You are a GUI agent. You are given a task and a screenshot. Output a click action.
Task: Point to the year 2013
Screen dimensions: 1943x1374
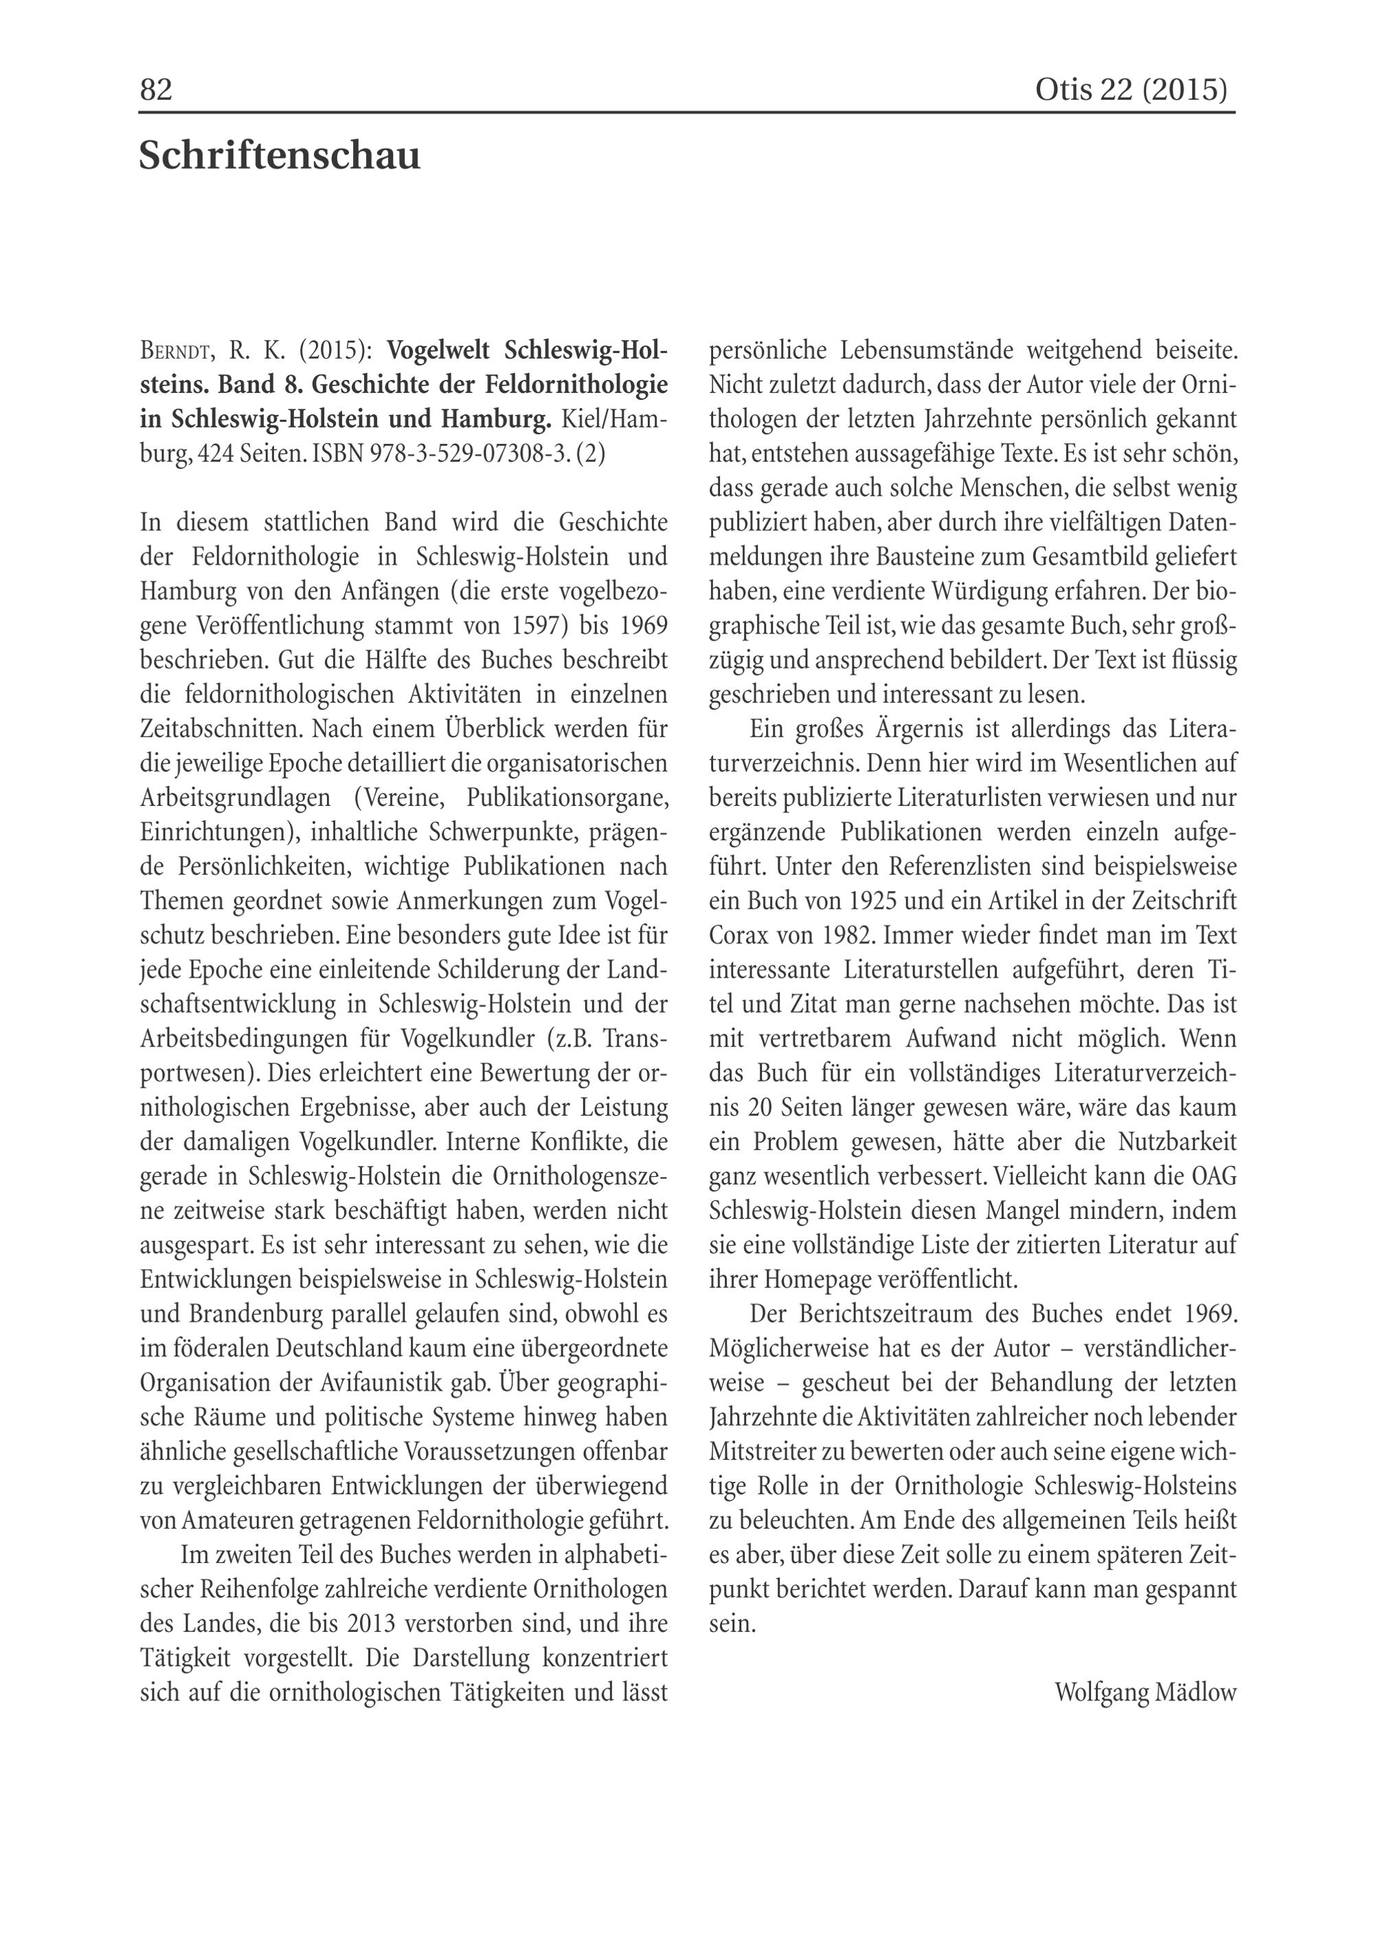point(432,1624)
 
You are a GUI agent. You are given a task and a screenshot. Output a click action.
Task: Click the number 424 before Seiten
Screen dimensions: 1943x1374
point(215,454)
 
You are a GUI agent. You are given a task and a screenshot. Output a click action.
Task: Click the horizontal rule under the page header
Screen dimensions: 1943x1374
point(687,112)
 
